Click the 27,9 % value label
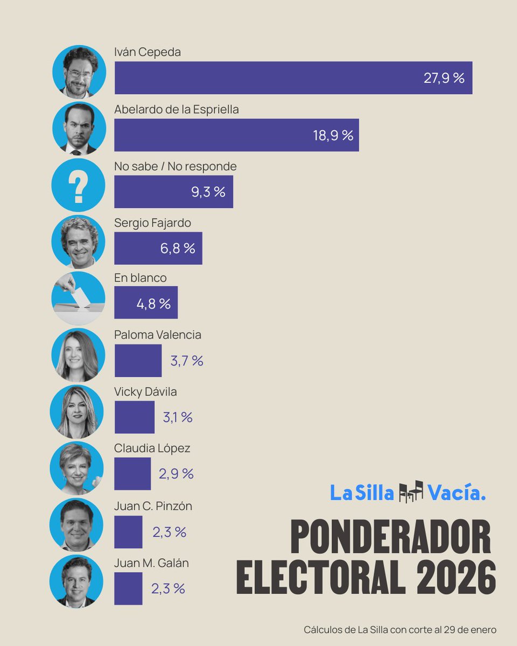tap(444, 78)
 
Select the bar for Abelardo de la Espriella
tap(236, 135)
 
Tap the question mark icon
tap(78, 185)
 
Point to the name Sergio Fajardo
tap(152, 223)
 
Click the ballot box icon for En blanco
tap(78, 297)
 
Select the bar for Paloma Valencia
tap(138, 361)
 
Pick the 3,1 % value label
tap(177, 417)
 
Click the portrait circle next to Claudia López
tap(76, 468)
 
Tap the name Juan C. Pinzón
tap(153, 507)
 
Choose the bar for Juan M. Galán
tap(128, 588)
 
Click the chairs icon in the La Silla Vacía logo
tap(411, 492)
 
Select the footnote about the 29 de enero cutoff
tap(400, 629)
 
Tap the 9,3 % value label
tap(208, 192)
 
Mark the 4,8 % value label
tap(153, 304)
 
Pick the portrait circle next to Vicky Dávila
tap(76, 412)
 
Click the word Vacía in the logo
tap(457, 493)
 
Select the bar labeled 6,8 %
tap(158, 248)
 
